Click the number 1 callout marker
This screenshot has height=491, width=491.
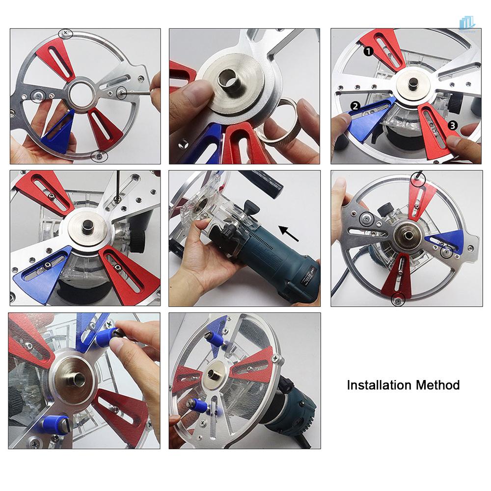pyautogui.click(x=368, y=51)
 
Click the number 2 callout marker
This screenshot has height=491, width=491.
pyautogui.click(x=354, y=106)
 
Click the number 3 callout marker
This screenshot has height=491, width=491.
pyautogui.click(x=453, y=126)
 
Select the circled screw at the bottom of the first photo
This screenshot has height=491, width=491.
pyautogui.click(x=99, y=156)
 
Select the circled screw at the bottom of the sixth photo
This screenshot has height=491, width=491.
pyautogui.click(x=397, y=299)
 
